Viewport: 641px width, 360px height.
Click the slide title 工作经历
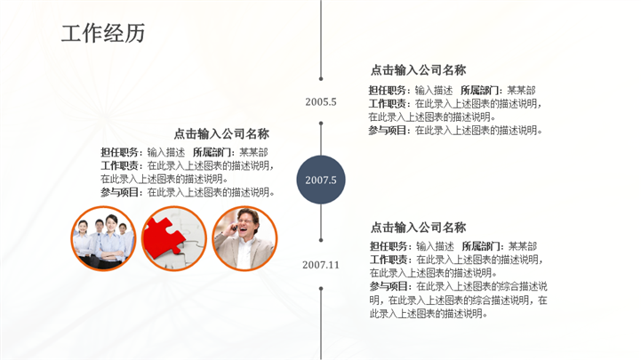[103, 33]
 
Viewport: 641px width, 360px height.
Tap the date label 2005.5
[321, 102]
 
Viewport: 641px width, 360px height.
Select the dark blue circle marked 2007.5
[321, 180]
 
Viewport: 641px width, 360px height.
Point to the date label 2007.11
[321, 265]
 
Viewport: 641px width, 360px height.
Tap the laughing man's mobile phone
[234, 228]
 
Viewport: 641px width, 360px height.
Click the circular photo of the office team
[103, 238]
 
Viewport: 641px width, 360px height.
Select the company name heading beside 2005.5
[418, 70]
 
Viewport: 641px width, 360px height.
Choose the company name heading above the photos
[221, 133]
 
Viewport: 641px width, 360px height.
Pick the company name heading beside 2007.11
[418, 228]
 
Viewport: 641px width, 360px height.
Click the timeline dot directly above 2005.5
[321, 78]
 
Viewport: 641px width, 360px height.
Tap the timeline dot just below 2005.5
[321, 123]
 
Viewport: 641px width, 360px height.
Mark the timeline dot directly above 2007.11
[321, 240]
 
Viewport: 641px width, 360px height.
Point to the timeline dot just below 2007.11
[321, 289]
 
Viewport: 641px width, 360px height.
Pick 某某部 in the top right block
[521, 91]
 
